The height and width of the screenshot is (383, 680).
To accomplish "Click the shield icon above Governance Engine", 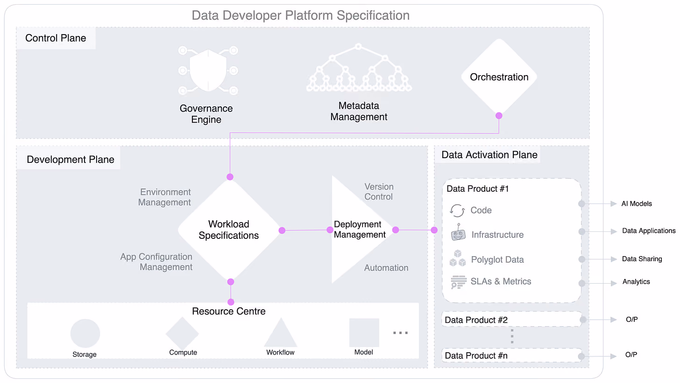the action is (208, 70).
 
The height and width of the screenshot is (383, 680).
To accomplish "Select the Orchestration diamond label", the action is (499, 77).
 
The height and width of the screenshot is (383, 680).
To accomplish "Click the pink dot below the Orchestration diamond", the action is (499, 116).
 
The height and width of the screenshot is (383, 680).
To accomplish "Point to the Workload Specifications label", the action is (228, 230).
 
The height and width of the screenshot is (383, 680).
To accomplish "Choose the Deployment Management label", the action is (360, 229).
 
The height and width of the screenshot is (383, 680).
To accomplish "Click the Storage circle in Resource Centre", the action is (85, 333).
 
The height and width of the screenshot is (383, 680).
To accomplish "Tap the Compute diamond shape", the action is (182, 334).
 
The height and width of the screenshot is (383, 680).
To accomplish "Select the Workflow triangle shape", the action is (281, 333).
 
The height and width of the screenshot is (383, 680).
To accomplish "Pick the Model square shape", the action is (364, 333).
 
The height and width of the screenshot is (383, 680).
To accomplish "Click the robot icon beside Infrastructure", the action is (458, 232).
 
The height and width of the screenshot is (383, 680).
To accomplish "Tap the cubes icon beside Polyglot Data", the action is (458, 258).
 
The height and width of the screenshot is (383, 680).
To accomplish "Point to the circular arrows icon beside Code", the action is (457, 210).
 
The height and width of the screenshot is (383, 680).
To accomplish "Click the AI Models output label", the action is (637, 204).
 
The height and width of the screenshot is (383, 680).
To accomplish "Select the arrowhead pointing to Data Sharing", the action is (614, 259).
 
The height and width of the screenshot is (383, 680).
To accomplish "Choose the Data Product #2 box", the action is (512, 319).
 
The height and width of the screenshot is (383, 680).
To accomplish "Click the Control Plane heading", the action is (56, 38).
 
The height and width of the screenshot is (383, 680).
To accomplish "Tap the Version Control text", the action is (379, 192).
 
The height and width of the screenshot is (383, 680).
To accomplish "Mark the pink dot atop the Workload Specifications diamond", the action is (230, 177).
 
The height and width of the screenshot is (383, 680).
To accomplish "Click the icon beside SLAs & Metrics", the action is (459, 282).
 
